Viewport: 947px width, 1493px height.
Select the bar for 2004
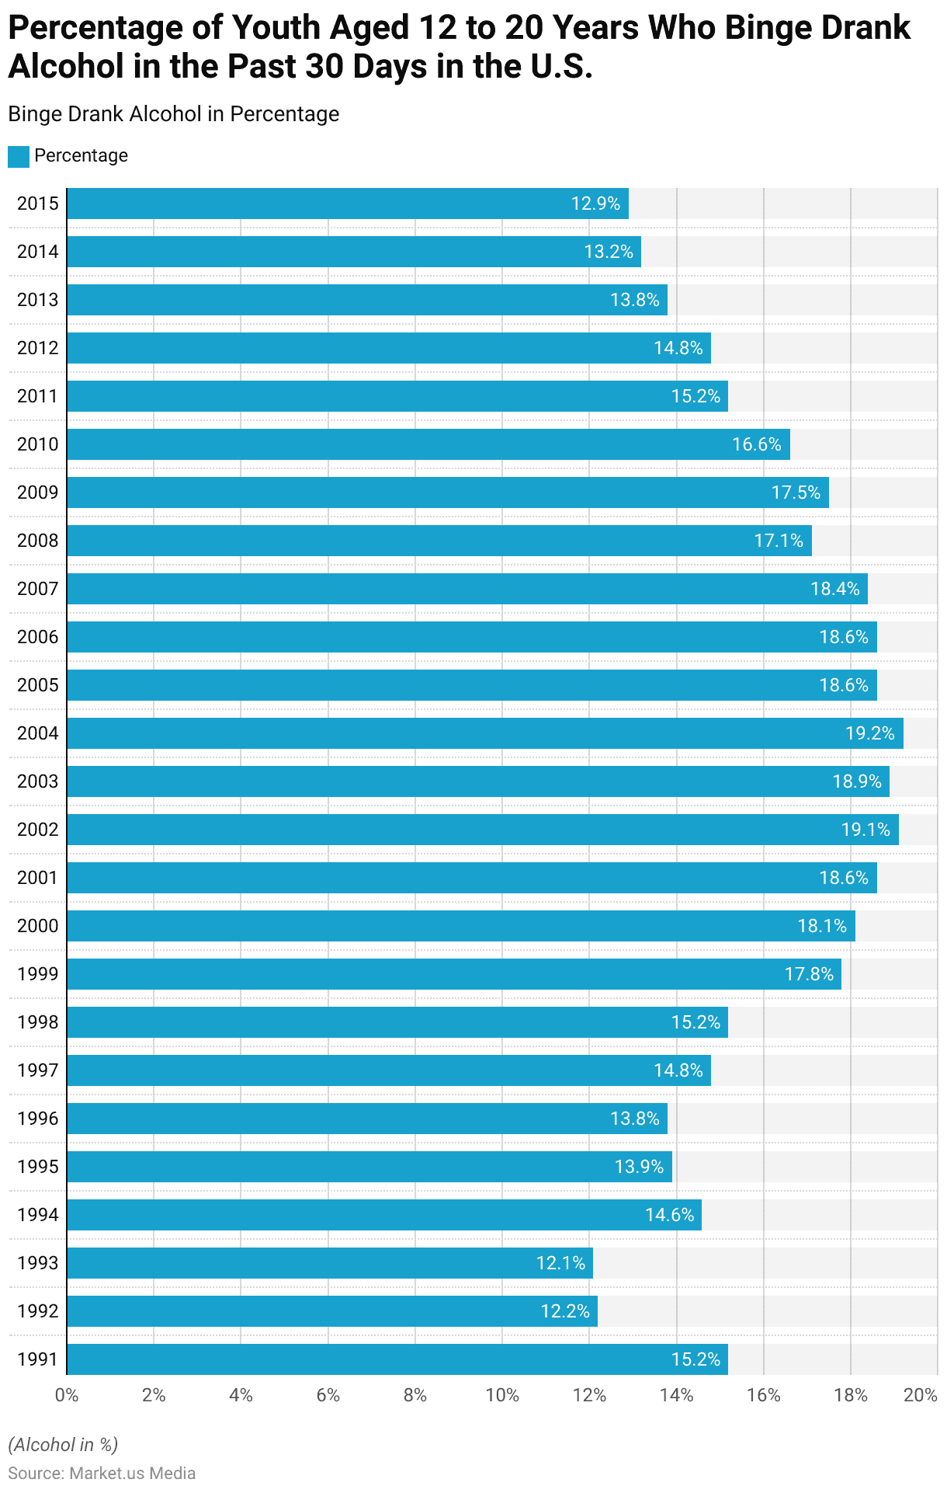[485, 733]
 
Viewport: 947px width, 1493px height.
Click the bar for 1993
[330, 1263]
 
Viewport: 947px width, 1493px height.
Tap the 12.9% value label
[595, 204]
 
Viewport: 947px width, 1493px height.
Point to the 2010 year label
[37, 444]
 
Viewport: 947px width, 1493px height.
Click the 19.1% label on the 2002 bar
[865, 830]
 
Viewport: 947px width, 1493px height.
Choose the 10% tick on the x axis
[502, 1395]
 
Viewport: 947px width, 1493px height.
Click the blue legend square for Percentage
[19, 156]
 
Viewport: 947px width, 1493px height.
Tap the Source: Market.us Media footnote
[102, 1473]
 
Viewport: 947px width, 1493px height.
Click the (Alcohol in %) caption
[63, 1444]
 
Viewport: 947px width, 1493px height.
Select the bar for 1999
[454, 974]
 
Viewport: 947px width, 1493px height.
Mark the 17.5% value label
[796, 492]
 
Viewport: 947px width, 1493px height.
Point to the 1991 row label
[37, 1359]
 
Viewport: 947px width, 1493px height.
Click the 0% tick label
[67, 1395]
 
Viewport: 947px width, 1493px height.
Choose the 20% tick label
[921, 1395]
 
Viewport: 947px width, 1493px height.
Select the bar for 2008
[439, 541]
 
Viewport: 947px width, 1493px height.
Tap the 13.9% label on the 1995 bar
[639, 1167]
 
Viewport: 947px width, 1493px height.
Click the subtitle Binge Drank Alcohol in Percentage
[174, 114]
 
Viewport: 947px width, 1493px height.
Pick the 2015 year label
[37, 204]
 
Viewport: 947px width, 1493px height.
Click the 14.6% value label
[669, 1215]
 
